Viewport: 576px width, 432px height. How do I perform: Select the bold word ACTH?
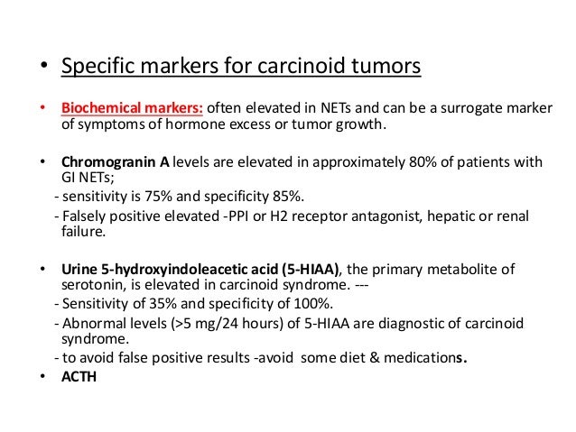(x=79, y=375)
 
